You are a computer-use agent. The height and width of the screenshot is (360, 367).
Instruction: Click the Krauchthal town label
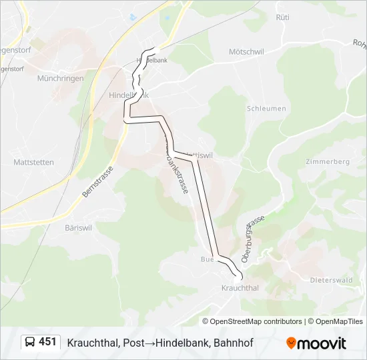240,288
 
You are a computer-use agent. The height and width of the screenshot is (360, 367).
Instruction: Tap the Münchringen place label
61,78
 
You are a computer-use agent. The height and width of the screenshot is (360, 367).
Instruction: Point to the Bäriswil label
78,227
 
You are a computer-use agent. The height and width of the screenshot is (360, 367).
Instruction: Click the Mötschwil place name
248,51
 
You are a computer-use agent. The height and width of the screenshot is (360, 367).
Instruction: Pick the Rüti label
282,17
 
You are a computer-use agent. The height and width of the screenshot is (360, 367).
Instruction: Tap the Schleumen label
266,108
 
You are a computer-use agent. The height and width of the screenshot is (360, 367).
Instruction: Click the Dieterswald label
331,280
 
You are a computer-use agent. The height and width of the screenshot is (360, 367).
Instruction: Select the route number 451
47,342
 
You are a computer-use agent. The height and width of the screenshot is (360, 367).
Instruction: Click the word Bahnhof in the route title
234,343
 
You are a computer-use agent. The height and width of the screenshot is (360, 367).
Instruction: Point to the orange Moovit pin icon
291,343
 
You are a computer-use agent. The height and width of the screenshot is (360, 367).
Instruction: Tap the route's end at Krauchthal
240,275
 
